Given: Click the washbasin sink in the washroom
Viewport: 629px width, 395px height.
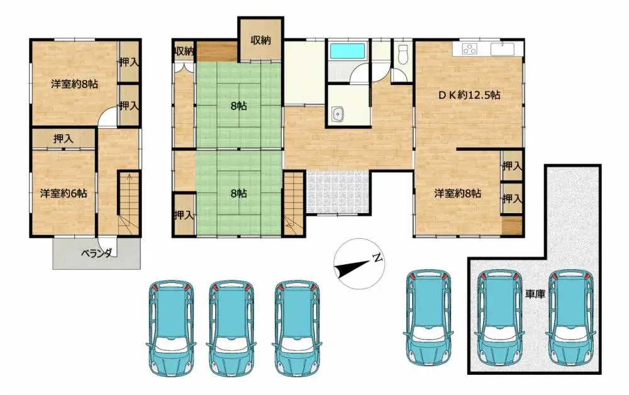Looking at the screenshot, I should coord(338,114).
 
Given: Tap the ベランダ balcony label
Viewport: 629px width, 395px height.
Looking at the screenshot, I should coord(96,253).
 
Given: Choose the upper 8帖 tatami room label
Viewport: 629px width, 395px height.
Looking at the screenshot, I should coord(238,106).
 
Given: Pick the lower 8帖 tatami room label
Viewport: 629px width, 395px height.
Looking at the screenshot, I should coord(238,193).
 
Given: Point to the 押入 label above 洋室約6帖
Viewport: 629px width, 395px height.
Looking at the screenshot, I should coord(62,138).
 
